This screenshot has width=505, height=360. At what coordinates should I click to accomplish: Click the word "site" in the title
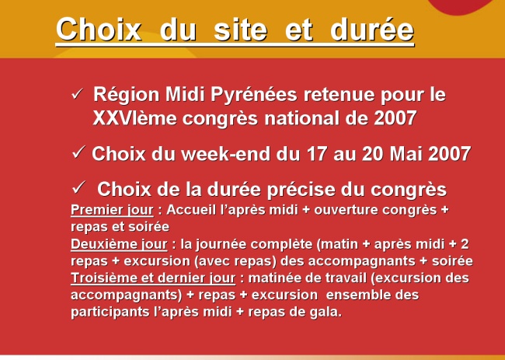coord(240,30)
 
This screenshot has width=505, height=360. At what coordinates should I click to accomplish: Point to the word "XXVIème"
coord(135,118)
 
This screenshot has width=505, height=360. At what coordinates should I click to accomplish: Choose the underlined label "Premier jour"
coord(112,210)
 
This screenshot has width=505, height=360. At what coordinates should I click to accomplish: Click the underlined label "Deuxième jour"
coord(119,244)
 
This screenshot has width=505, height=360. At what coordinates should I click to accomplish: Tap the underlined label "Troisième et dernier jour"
coord(153,278)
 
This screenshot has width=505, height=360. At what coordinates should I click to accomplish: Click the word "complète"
coord(281,245)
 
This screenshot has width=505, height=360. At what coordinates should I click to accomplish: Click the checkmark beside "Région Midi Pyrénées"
coord(77,94)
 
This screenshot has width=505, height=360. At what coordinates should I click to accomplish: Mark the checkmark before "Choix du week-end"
coord(78,152)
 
